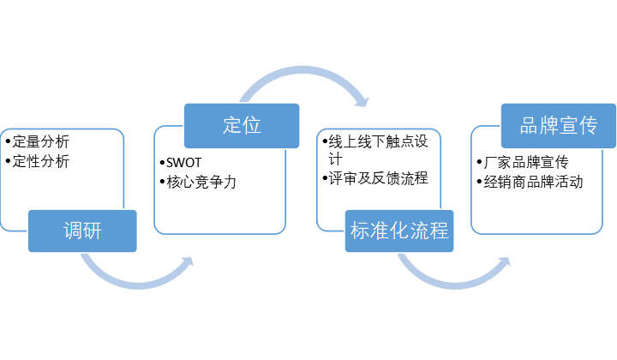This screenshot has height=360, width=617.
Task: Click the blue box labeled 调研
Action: pyautogui.click(x=83, y=230)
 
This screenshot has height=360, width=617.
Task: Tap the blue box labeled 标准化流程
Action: pyautogui.click(x=398, y=231)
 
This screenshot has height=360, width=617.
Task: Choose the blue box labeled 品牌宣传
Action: pyautogui.click(x=558, y=125)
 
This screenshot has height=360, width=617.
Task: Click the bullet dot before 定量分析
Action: pyautogui.click(x=7, y=141)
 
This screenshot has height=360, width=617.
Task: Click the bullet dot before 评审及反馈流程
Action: pyautogui.click(x=324, y=178)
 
